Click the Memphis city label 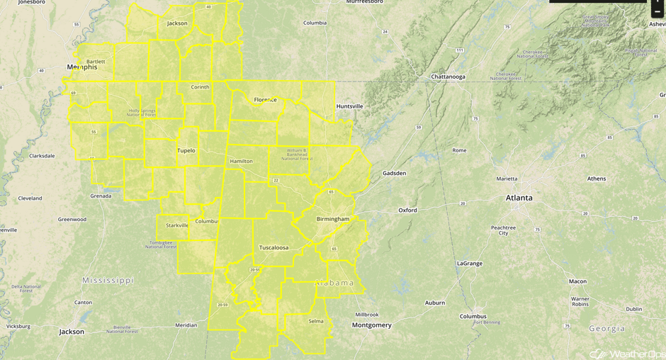pos(81,67)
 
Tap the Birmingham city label pos(332,219)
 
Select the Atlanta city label pos(519,198)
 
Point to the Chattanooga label pos(448,77)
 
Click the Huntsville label pos(349,106)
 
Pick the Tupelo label pos(186,150)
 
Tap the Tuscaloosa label pos(273,248)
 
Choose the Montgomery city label pos(371,325)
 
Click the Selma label pos(316,321)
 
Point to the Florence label pos(265,100)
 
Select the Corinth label pos(200,87)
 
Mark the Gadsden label pos(394,173)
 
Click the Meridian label pos(186,325)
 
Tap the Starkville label pos(177,225)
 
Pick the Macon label pos(577,281)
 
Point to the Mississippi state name pos(108,281)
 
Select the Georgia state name pos(606,328)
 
